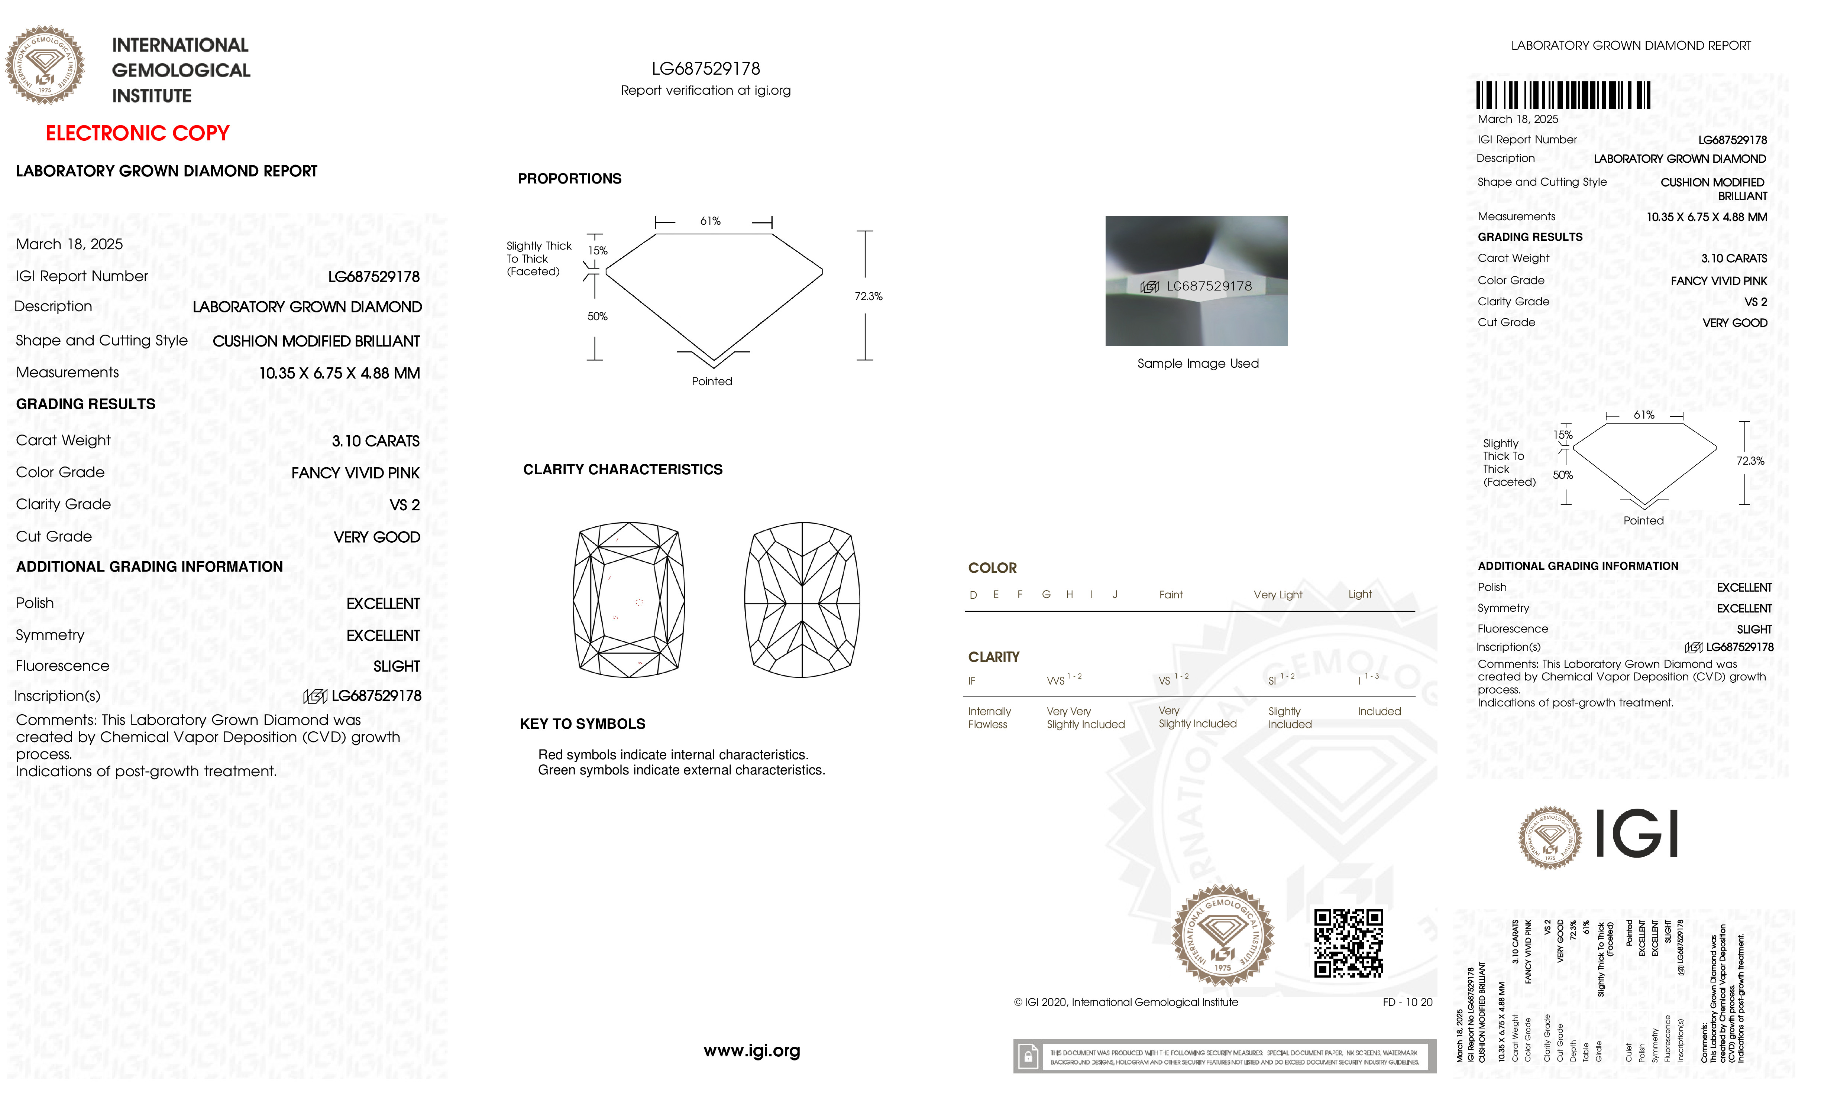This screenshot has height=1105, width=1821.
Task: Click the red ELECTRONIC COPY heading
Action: (138, 134)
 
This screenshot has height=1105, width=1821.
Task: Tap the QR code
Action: (1348, 943)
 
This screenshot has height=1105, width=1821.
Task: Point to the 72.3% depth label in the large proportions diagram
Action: (869, 296)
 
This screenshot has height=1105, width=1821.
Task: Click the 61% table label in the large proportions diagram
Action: (710, 221)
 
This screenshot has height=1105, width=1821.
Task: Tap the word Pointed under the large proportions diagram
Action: (712, 381)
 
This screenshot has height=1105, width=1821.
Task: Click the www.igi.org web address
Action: (751, 1050)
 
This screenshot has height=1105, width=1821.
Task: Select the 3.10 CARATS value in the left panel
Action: (375, 441)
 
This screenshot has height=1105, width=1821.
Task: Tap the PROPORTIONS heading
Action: (569, 179)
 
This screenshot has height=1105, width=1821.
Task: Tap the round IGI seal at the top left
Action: (45, 65)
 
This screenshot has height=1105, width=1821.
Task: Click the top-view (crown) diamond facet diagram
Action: (629, 600)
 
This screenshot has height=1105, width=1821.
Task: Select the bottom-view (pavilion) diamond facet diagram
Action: (802, 600)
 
